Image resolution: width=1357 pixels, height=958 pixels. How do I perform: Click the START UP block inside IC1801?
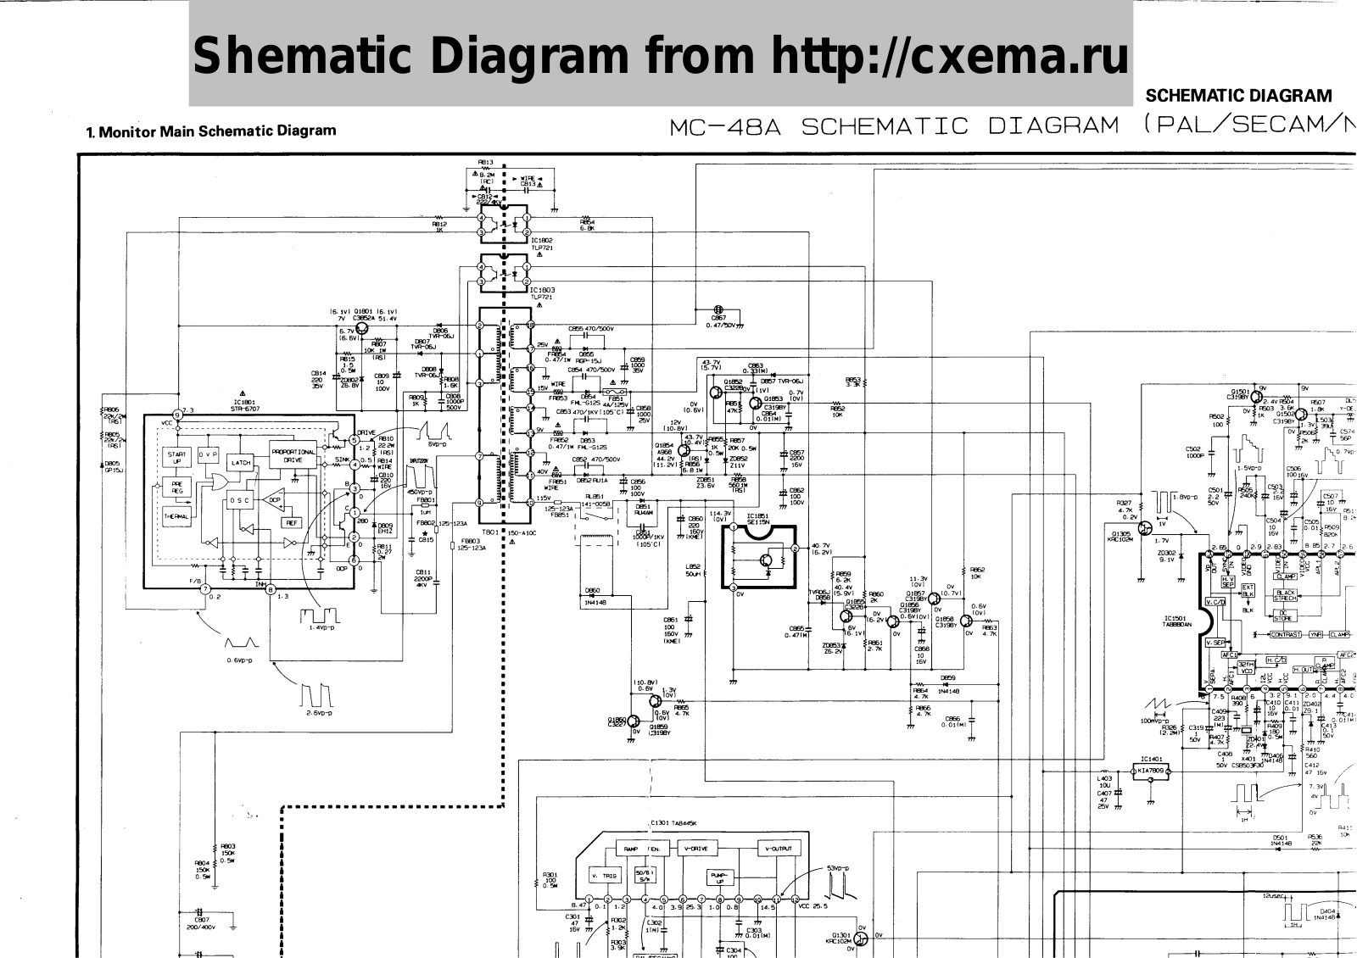[176, 458]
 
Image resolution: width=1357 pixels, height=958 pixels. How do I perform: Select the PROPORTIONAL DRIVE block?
[293, 456]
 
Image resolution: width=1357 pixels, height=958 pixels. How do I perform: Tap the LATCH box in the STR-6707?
[242, 463]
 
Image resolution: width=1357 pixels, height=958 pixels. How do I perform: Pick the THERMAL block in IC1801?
[176, 516]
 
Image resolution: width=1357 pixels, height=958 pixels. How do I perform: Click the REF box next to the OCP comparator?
[292, 523]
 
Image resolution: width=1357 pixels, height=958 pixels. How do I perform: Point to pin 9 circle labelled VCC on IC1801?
[177, 415]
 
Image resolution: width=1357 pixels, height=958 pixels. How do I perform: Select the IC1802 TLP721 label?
[543, 243]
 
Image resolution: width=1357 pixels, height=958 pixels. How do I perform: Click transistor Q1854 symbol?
[684, 450]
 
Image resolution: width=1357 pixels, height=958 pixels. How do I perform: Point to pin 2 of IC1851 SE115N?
[795, 549]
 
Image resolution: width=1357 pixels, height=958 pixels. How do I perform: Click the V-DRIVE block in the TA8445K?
[698, 849]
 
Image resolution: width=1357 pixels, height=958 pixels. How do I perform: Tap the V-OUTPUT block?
[778, 849]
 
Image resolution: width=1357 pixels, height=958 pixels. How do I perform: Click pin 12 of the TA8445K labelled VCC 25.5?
[795, 900]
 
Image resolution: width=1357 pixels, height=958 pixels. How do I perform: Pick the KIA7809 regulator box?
[1151, 772]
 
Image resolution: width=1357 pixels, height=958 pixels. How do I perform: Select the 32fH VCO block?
[1246, 667]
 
